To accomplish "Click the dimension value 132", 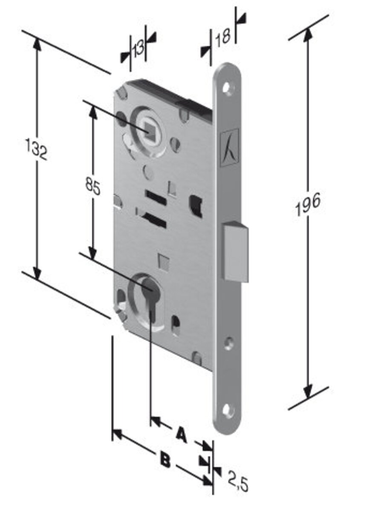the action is coord(36,149).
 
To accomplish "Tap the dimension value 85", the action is coord(93,186).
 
